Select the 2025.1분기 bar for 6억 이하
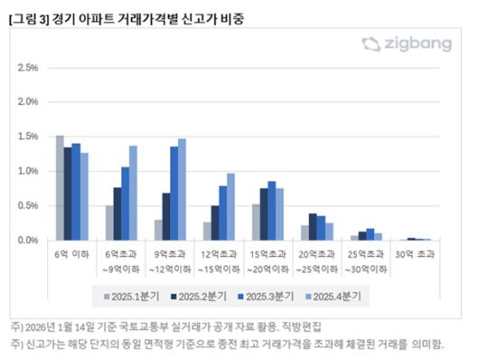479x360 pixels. [60, 188]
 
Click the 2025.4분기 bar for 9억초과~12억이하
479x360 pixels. [182, 190]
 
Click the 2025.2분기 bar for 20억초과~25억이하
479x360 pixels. [313, 227]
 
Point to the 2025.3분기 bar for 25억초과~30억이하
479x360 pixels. [371, 234]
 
